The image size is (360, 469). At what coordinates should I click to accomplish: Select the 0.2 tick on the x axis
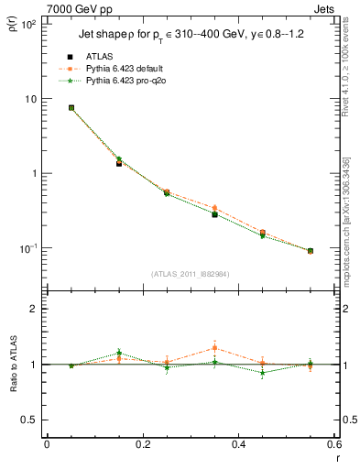pos(143,444)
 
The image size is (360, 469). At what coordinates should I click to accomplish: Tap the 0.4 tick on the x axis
pos(238,444)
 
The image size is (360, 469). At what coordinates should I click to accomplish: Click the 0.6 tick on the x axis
pos(333,444)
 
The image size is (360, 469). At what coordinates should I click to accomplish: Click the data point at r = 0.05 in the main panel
pos(71,107)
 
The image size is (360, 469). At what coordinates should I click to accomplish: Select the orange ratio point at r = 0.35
pos(214,348)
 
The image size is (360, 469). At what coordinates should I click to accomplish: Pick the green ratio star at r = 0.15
pos(119,353)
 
